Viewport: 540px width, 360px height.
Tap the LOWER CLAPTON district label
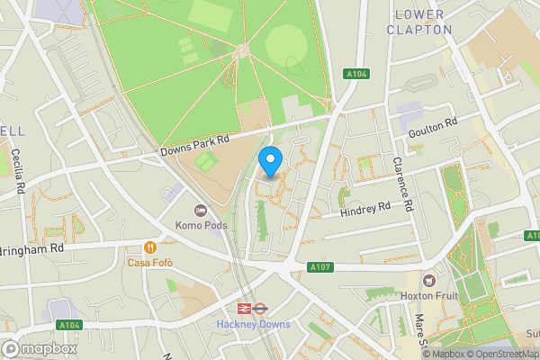click(x=419, y=22)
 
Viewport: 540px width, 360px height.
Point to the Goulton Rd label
click(x=433, y=126)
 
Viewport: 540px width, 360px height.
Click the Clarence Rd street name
click(x=401, y=184)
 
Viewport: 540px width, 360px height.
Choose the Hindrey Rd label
click(x=364, y=209)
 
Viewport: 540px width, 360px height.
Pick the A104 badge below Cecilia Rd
click(x=68, y=325)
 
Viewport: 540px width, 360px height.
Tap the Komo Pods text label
click(x=201, y=225)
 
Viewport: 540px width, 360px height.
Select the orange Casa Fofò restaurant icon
click(x=149, y=247)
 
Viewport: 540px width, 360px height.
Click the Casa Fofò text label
click(x=149, y=263)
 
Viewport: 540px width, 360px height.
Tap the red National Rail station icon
click(x=242, y=308)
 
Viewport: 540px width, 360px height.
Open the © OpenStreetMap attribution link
click(x=500, y=354)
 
